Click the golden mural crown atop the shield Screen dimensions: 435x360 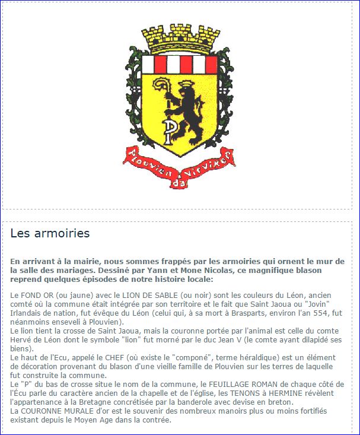tap(180, 40)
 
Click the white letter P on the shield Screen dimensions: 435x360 tap(169, 132)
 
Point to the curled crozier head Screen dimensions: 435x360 tap(161, 87)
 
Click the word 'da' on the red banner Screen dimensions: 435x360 tap(176, 183)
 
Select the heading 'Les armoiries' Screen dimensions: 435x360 tap(50, 233)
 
